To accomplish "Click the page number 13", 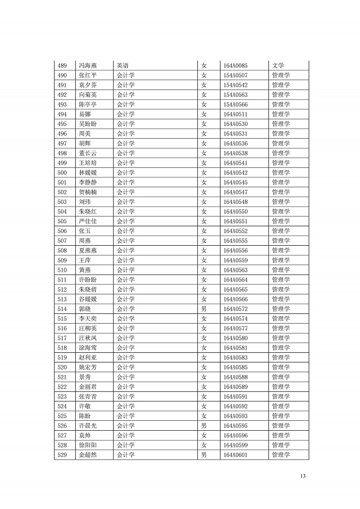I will tap(303, 476).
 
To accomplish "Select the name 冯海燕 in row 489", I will tap(88, 66).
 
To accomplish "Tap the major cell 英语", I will tap(123, 66).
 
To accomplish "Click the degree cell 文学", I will tap(278, 66).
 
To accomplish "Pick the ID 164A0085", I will tap(235, 66).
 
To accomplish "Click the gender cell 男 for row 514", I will tap(204, 309).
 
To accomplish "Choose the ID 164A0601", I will tap(235, 455).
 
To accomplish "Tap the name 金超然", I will tap(88, 455).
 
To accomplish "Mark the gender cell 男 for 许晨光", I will tap(204, 426).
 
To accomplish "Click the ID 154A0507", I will tap(235, 76).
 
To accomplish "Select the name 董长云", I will tap(88, 153).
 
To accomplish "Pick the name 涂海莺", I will tap(88, 348).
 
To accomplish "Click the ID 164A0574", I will tap(235, 319).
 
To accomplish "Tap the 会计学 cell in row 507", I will tap(126, 241).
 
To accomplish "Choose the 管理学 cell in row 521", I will tap(281, 377).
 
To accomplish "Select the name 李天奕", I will tap(88, 319).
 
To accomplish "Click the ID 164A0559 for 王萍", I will tap(235, 260).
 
